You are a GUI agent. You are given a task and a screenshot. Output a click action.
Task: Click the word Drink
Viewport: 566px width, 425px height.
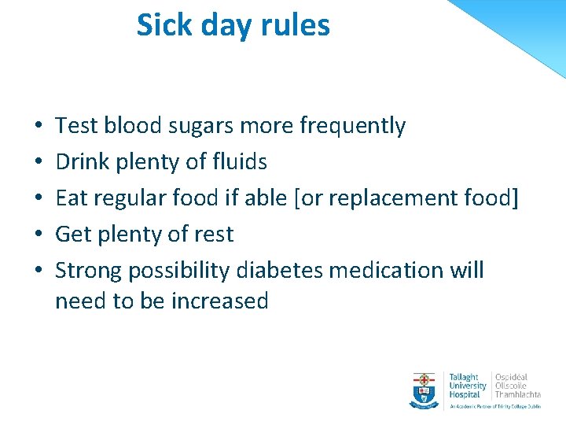point(83,162)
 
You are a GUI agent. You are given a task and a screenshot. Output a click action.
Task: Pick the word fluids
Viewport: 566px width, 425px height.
point(240,162)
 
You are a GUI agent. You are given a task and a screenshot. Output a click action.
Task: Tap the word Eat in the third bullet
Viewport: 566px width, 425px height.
point(71,198)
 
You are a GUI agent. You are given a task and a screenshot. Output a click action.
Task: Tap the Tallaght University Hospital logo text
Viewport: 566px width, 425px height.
point(467,385)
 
